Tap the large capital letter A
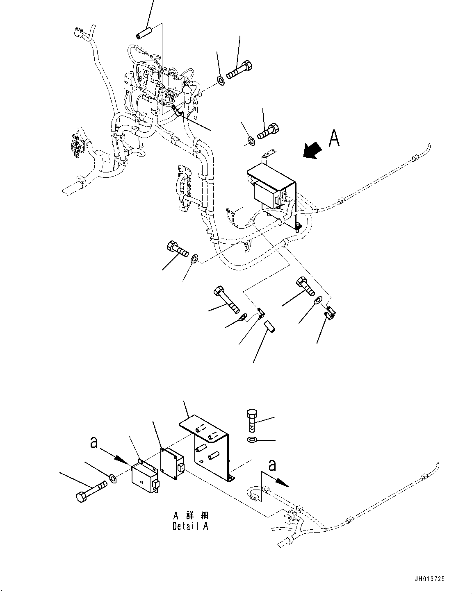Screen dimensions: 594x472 (334, 139)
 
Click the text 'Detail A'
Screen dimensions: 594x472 (190, 526)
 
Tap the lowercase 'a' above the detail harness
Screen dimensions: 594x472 (272, 465)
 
